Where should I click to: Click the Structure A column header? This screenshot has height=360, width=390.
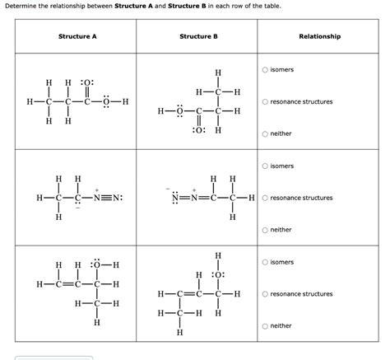click(x=77, y=36)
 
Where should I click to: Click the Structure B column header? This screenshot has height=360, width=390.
click(x=198, y=36)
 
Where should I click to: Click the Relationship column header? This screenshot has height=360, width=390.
click(x=320, y=36)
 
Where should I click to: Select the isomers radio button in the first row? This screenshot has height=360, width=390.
click(x=266, y=70)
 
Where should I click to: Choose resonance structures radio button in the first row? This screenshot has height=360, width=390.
click(x=266, y=102)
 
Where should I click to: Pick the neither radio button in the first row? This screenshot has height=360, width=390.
click(x=266, y=133)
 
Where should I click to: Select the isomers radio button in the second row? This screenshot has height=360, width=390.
click(x=266, y=166)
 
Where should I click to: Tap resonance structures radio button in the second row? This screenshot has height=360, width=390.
click(x=266, y=198)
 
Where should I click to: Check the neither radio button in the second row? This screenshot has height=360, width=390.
click(x=266, y=230)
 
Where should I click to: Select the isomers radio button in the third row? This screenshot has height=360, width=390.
click(x=266, y=262)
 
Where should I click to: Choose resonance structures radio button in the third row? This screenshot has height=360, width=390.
click(x=266, y=294)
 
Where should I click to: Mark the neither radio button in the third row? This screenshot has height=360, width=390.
click(x=266, y=325)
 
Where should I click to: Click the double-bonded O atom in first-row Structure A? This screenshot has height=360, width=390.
click(x=88, y=83)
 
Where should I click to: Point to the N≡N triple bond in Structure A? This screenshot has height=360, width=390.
click(x=106, y=199)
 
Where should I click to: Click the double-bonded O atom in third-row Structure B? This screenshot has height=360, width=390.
click(x=219, y=275)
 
